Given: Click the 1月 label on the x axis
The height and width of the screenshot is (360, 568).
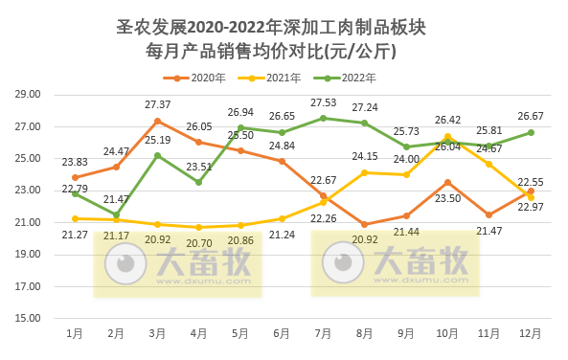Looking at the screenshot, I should [75, 334].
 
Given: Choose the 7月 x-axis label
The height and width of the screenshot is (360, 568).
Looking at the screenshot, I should [323, 334].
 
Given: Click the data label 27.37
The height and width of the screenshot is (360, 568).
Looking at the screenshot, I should [158, 104].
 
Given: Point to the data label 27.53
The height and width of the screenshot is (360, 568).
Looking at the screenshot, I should [324, 101].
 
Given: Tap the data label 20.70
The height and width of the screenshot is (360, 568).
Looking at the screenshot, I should [199, 243].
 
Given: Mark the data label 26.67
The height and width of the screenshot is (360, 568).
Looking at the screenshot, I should [530, 116].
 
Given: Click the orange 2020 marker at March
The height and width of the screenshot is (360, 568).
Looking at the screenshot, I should [158, 121].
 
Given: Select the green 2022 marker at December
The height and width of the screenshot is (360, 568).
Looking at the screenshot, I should [530, 132].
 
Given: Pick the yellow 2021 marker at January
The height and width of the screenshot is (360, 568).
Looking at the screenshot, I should [75, 218].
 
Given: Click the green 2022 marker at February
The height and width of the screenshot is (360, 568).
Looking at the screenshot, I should [116, 214].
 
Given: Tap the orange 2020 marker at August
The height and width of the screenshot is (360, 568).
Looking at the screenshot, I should [364, 224].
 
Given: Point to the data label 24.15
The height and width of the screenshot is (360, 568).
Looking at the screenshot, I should [364, 156].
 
